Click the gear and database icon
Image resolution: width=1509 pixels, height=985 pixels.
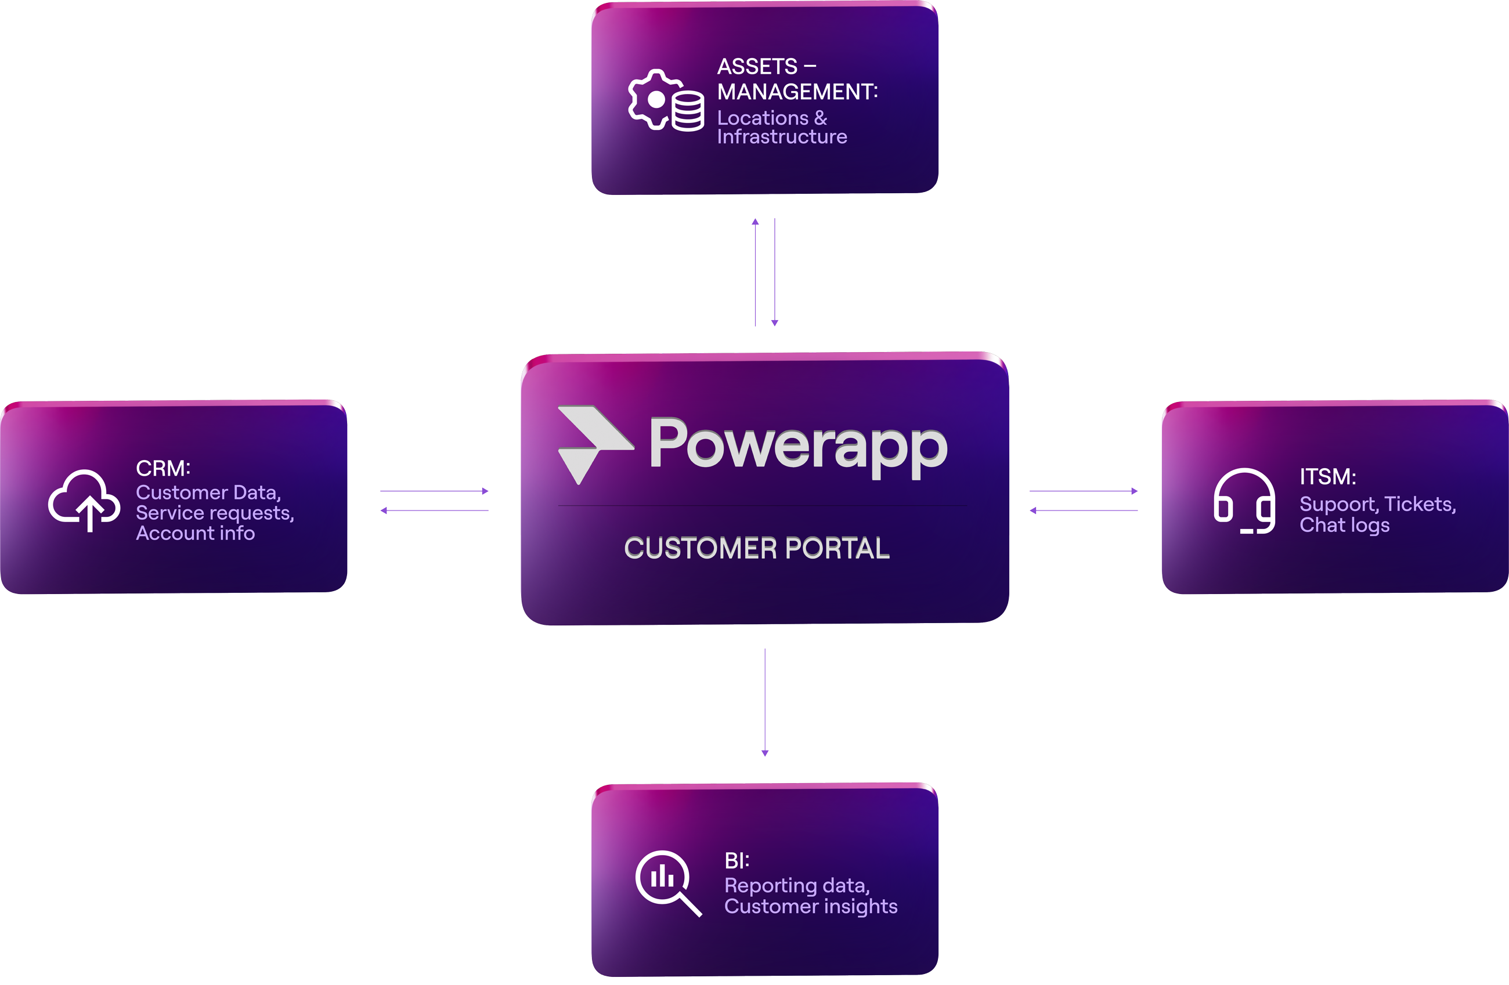tap(666, 100)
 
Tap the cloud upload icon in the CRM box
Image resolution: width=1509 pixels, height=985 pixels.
tap(84, 500)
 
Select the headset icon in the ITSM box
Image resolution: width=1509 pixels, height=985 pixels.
tap(1244, 501)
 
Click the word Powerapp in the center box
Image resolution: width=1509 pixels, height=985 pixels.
tap(798, 446)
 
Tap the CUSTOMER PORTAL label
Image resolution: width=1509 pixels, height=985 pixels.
tap(757, 548)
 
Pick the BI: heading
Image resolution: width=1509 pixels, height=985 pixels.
tap(737, 861)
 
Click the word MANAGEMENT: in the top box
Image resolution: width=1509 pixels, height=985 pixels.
tap(797, 92)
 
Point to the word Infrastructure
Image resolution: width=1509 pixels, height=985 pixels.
tap(782, 137)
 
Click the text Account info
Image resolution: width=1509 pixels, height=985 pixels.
tap(195, 533)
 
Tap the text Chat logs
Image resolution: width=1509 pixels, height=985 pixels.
tap(1344, 525)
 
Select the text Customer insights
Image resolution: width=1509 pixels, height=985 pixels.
tap(811, 907)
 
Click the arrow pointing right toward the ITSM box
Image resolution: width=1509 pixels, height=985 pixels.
tap(1084, 491)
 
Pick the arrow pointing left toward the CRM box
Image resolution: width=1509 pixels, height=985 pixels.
tap(434, 510)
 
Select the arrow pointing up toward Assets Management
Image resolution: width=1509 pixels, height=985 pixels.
tap(755, 272)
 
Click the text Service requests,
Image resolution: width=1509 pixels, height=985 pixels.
tap(215, 513)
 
